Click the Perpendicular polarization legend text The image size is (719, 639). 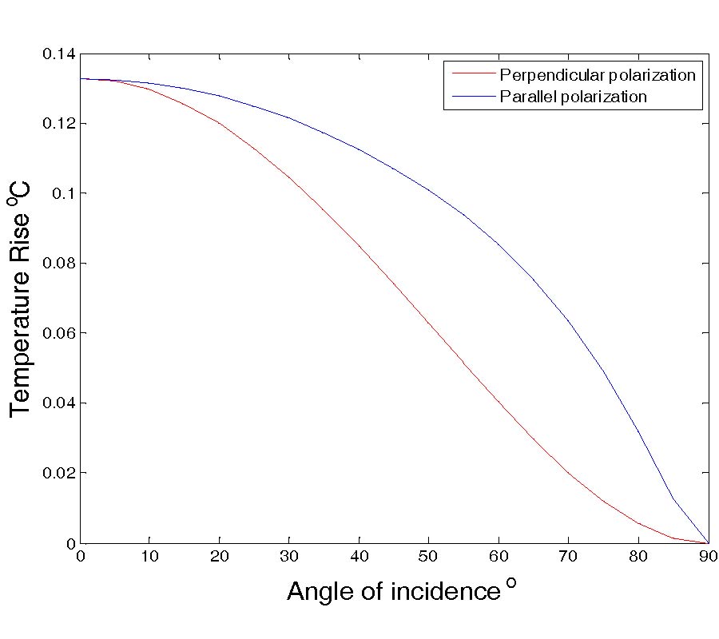[598, 76]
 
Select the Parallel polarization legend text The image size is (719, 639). [573, 97]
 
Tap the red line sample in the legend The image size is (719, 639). [471, 76]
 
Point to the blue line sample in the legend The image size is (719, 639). [471, 97]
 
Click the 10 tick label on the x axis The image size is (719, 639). [149, 558]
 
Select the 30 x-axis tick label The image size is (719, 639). [289, 558]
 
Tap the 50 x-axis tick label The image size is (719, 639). [429, 558]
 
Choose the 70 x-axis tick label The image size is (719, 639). [569, 558]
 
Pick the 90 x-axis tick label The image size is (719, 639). [708, 558]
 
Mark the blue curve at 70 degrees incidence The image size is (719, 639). [569, 321]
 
